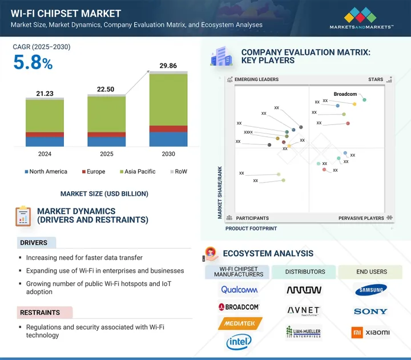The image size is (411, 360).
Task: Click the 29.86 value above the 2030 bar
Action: [x=168, y=67]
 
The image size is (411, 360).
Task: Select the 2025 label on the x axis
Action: [x=106, y=154]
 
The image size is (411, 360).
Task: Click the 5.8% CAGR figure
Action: [x=33, y=63]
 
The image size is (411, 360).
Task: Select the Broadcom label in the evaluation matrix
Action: [x=345, y=94]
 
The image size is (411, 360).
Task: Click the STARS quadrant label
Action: [x=376, y=80]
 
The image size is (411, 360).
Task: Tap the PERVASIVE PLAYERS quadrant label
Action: [x=361, y=218]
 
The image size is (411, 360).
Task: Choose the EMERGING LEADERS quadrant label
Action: [x=256, y=80]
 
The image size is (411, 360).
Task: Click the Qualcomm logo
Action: [x=239, y=290]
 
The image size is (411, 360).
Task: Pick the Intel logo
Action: [x=239, y=342]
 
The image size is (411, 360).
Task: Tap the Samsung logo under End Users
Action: [x=370, y=290]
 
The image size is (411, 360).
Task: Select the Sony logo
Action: [x=370, y=312]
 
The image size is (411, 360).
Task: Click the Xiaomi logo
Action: [x=370, y=332]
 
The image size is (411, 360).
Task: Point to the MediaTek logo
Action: [x=239, y=323]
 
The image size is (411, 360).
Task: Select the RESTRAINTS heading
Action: [x=41, y=313]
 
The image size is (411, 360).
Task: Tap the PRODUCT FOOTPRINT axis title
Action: [x=251, y=228]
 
